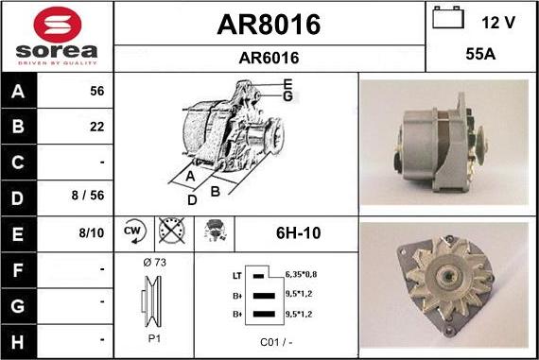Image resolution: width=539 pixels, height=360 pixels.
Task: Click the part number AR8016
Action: click(x=269, y=24)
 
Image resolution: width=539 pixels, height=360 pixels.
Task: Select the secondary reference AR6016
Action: click(x=269, y=58)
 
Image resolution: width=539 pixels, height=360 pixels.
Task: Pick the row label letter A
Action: click(x=20, y=92)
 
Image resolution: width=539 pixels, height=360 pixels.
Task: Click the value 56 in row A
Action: click(x=96, y=92)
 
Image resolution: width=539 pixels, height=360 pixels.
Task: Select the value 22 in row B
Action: click(x=96, y=127)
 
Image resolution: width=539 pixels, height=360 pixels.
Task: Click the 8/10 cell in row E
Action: click(x=93, y=231)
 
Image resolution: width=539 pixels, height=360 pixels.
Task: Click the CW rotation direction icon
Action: click(x=132, y=231)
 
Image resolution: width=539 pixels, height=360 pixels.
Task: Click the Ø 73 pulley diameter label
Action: click(x=153, y=262)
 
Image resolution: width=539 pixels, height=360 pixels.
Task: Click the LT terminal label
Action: click(x=236, y=275)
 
